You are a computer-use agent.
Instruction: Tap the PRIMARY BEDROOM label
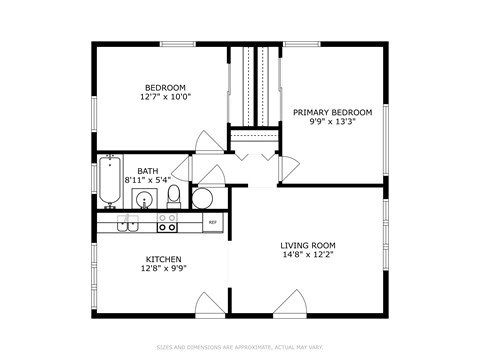332,112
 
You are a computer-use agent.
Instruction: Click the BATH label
147,171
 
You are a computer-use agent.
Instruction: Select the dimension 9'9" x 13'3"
332,123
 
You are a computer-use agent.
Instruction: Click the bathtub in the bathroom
109,181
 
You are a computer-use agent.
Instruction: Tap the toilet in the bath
174,193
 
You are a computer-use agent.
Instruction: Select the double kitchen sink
127,223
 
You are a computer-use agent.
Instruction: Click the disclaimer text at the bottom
240,347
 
